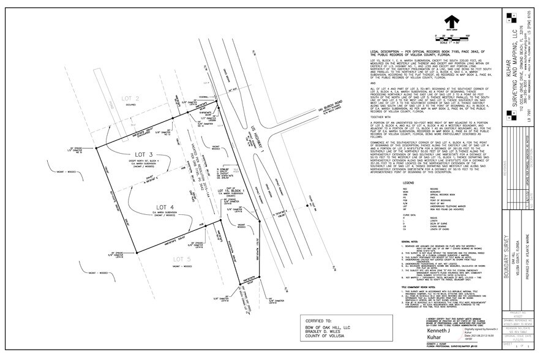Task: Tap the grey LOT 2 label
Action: [x=133, y=99]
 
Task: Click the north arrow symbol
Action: [x=448, y=19]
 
